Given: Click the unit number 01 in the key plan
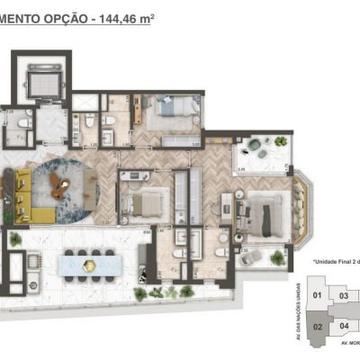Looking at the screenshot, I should point(316,295).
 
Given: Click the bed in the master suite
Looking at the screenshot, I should point(266,215).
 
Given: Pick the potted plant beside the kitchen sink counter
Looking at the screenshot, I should point(15,239).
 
